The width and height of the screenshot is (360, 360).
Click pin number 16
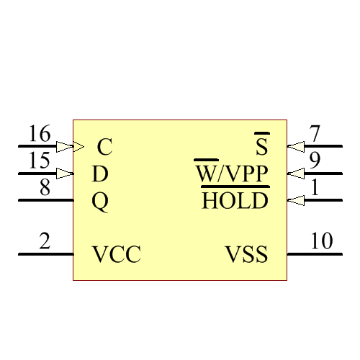pyautogui.click(x=40, y=135)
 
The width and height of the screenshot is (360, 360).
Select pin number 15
pyautogui.click(x=40, y=161)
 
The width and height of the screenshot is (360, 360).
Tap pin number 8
pyautogui.click(x=45, y=188)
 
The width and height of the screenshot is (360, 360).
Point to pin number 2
pyautogui.click(x=45, y=243)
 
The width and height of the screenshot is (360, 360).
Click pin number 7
pyautogui.click(x=315, y=135)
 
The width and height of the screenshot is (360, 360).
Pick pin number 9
pyautogui.click(x=315, y=161)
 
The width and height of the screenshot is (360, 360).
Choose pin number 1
pyautogui.click(x=315, y=188)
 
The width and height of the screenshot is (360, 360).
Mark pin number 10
pyautogui.click(x=322, y=243)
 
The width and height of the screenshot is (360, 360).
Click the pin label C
pyautogui.click(x=105, y=148)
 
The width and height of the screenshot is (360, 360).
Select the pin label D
pyautogui.click(x=100, y=174)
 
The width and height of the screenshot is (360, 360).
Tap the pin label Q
pyautogui.click(x=100, y=202)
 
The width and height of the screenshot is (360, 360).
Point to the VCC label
pyautogui.click(x=116, y=255)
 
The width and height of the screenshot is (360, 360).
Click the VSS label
pyautogui.click(x=247, y=255)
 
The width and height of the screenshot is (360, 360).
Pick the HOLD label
pyautogui.click(x=235, y=201)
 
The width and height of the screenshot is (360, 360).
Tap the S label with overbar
pyautogui.click(x=262, y=147)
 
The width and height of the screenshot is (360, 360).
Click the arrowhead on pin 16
pyautogui.click(x=66, y=147)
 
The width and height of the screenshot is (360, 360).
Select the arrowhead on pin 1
pyautogui.click(x=295, y=201)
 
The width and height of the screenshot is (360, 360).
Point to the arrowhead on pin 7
pyautogui.click(x=295, y=147)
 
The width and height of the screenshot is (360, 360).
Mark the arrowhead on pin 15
pyautogui.click(x=66, y=174)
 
